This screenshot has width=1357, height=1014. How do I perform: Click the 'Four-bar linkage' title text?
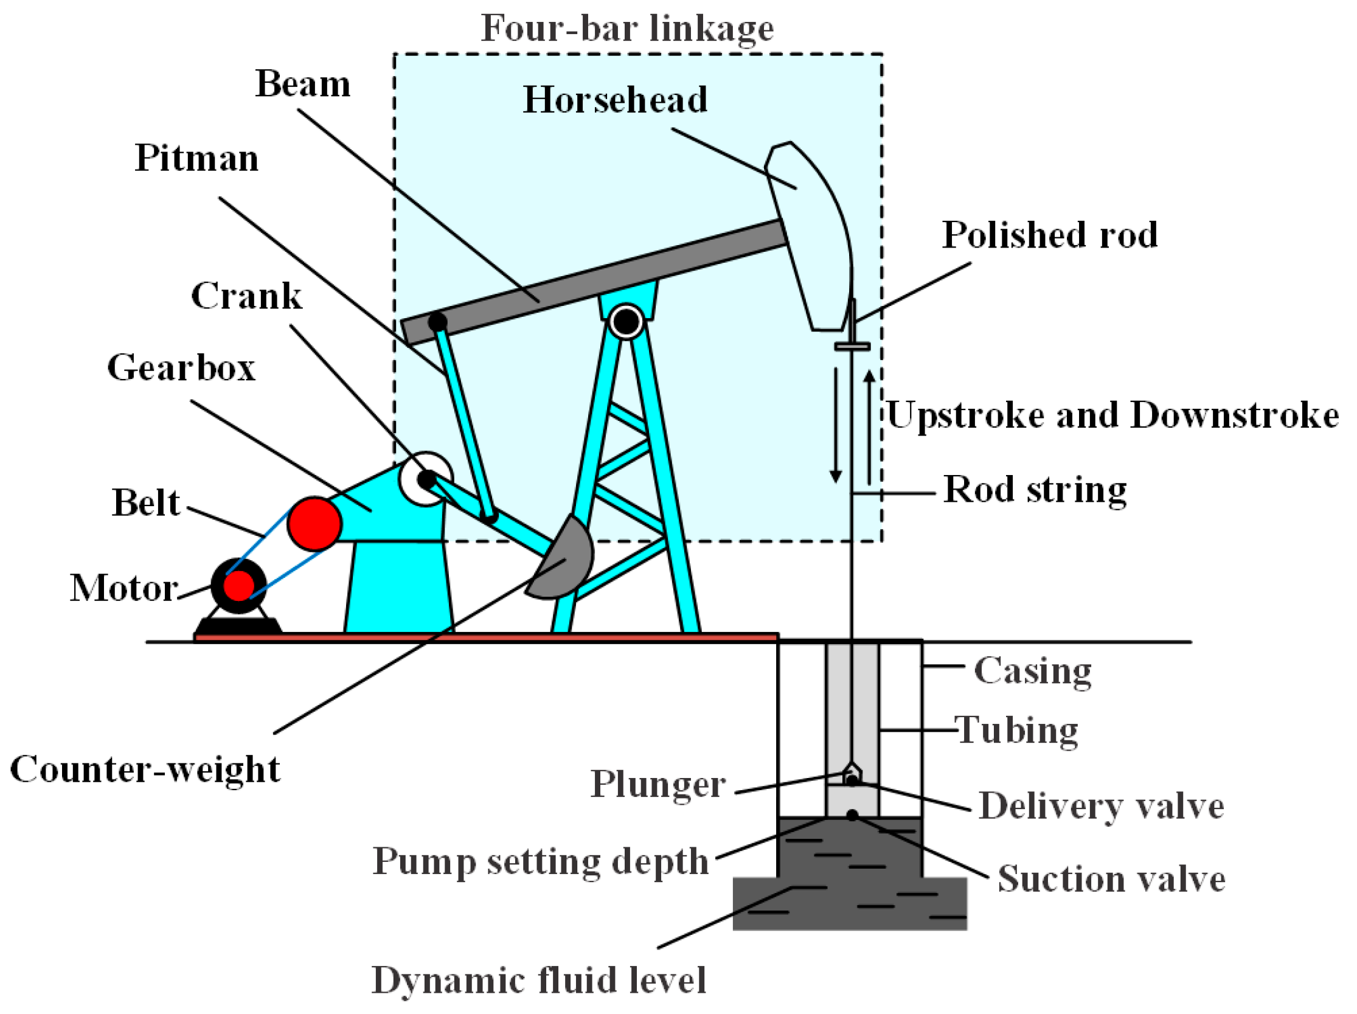(x=626, y=29)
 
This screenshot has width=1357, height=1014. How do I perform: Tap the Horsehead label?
(x=615, y=99)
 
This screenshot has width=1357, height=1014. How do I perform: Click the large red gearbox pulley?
(x=314, y=523)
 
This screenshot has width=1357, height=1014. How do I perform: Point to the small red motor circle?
(x=238, y=585)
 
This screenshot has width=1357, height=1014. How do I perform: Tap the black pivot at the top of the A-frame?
(x=626, y=321)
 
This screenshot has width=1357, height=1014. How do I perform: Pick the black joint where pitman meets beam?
(x=437, y=321)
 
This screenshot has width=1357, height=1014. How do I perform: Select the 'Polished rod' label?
(x=1049, y=235)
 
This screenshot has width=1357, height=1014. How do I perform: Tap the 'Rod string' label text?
(x=1035, y=490)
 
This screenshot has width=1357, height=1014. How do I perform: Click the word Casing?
(x=1032, y=670)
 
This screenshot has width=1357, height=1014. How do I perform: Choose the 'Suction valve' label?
(x=1111, y=878)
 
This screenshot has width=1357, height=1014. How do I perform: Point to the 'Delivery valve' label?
(x=1101, y=806)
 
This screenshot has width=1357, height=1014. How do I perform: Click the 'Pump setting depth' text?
(x=541, y=861)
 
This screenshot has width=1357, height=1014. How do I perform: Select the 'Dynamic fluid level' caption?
(x=539, y=980)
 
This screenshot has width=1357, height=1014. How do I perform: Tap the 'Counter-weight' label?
(x=145, y=769)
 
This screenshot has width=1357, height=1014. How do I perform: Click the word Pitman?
(x=197, y=159)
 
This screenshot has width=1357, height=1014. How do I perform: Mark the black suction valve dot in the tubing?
(x=852, y=815)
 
